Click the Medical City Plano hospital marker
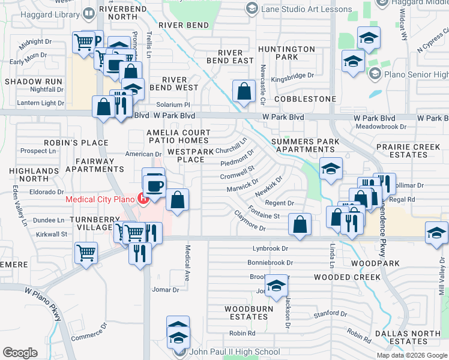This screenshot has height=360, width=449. click(143, 197)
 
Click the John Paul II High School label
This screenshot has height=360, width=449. click(234, 352)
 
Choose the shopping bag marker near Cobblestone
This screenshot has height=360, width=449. click(244, 92)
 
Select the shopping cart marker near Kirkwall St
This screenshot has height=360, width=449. click(86, 253)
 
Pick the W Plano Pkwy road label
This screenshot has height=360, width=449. click(44, 302)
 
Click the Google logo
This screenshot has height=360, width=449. click(20, 352)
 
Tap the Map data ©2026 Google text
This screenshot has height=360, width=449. click(412, 355)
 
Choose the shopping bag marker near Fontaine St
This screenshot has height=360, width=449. click(300, 224)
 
